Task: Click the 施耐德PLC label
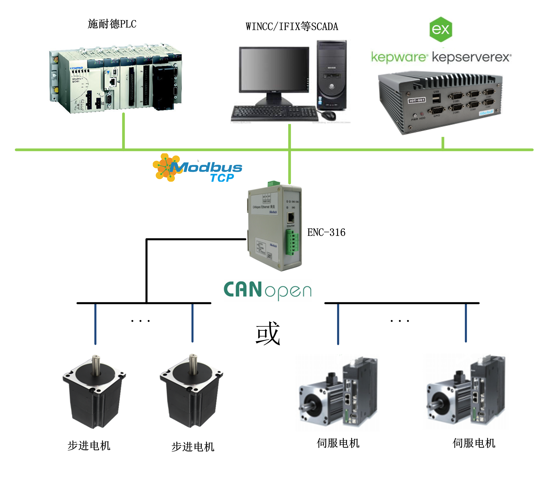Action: pos(112,24)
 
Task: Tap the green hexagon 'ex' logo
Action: pos(441,29)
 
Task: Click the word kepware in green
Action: pos(398,57)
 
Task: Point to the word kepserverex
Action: pos(471,57)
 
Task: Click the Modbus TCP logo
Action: pos(198,168)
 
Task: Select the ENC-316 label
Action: pos(326,232)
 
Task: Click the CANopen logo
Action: pos(268,290)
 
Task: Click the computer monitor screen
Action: pos(274,69)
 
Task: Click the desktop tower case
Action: pos(331,75)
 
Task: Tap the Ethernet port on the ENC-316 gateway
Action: pos(291,217)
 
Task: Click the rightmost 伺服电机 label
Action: pos(474,443)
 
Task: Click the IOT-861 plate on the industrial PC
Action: pos(416,100)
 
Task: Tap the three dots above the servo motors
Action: pos(400,321)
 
